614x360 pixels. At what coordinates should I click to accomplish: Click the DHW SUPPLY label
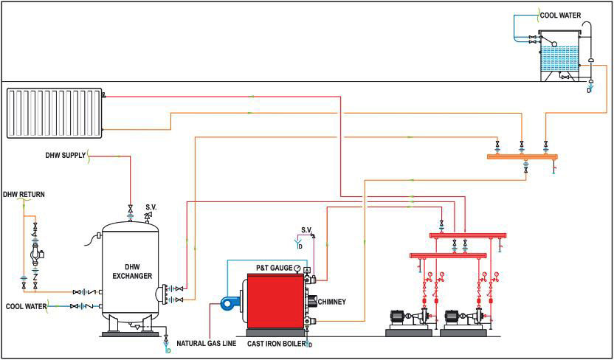pyautogui.click(x=65, y=155)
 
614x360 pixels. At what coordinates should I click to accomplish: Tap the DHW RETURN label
pyautogui.click(x=24, y=195)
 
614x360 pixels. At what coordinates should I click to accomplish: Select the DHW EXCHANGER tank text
pyautogui.click(x=133, y=271)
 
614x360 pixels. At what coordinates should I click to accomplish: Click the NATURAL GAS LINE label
pyautogui.click(x=207, y=343)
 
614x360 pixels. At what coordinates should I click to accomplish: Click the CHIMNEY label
pyautogui.click(x=331, y=301)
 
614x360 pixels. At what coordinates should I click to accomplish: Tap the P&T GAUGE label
pyautogui.click(x=275, y=267)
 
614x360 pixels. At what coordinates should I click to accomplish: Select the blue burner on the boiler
pyautogui.click(x=230, y=302)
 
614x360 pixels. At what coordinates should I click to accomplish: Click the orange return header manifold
pyautogui.click(x=522, y=156)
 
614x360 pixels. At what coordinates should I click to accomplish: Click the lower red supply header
pyautogui.click(x=449, y=255)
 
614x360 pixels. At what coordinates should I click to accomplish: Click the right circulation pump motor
pyautogui.click(x=455, y=317)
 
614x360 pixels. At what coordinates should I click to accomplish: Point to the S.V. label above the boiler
pyautogui.click(x=306, y=229)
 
